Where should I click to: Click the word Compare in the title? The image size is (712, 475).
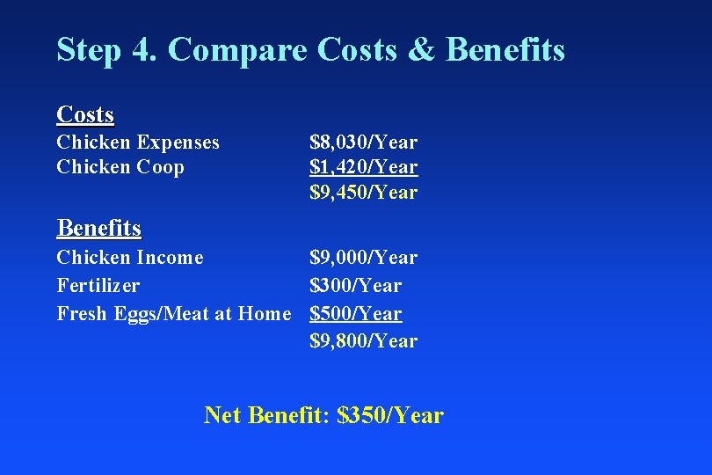pos(236,50)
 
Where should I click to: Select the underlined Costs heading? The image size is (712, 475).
pos(85,114)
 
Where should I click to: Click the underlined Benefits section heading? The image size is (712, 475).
pos(98,228)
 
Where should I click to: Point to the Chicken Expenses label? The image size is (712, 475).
pos(138,142)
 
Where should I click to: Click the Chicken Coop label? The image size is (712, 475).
pos(120,166)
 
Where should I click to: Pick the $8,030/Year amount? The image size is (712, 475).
pos(363,142)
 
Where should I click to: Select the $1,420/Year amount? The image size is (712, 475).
pos(363,166)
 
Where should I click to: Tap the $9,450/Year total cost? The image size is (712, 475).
pos(363,192)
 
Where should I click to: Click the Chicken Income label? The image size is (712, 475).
pos(129,258)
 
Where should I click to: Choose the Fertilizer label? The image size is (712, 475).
pos(98,286)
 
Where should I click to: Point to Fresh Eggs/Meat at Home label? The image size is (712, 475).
pos(173,313)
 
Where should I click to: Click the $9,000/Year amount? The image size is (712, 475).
pos(363,258)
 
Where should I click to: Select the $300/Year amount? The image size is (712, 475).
pos(355,286)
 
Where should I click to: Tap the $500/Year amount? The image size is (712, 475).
pos(355,313)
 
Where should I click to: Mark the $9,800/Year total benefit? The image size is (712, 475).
pos(363,340)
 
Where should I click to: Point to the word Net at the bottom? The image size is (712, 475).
pos(223,415)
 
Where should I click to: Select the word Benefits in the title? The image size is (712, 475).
pos(505,50)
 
